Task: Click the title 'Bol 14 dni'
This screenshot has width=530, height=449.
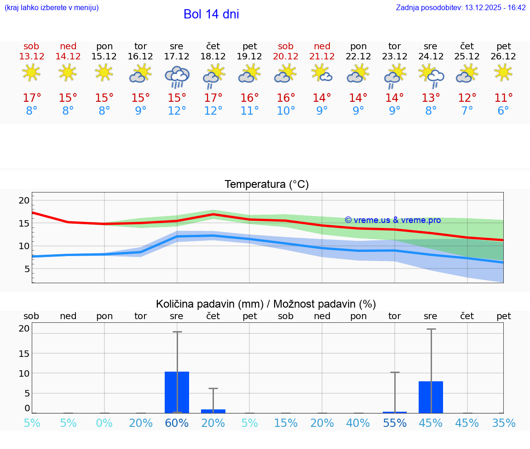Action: coord(211,14)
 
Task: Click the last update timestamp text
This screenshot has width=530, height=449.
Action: coord(461,8)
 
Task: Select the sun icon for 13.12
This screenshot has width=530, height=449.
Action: coord(31,72)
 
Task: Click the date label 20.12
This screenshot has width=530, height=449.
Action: coord(286,57)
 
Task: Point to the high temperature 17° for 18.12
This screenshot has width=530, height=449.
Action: coord(213,98)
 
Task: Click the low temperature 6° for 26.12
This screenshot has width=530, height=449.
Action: coord(503,111)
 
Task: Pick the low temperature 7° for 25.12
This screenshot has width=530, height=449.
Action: coord(467,111)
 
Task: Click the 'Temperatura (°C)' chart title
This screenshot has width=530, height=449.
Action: coord(266,185)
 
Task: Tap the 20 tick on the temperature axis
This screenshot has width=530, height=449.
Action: coord(24,200)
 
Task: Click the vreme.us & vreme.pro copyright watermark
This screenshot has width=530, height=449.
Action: coord(392,220)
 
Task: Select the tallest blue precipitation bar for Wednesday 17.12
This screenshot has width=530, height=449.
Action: coord(177,392)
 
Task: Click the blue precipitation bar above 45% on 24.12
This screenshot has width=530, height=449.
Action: coord(431,397)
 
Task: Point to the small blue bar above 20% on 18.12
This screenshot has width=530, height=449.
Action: coord(213,411)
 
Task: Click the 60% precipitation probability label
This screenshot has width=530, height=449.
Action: coord(177,423)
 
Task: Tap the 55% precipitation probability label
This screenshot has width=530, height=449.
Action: coord(395,423)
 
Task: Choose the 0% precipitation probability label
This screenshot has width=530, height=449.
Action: coord(104,423)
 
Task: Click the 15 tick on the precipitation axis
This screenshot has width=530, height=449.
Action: coord(24,353)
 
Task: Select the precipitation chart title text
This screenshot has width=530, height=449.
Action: coord(266,304)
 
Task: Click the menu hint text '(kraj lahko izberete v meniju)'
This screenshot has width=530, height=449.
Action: coord(52,8)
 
